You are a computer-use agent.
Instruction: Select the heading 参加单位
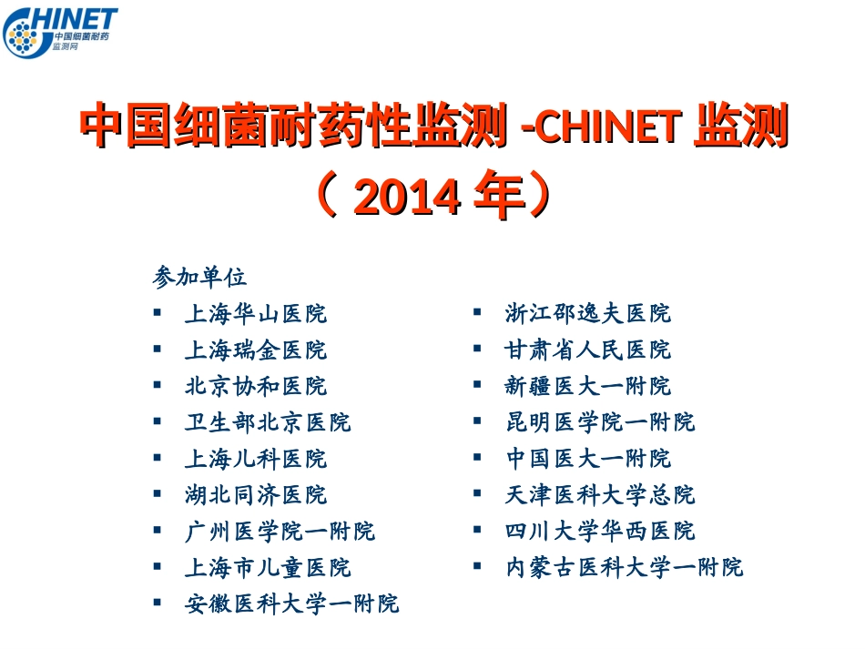200,277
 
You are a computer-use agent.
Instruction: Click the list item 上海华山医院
255,314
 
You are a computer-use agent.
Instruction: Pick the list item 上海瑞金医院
255,350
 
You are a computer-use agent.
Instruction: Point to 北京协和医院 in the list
255,386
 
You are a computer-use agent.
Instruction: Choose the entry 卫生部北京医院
267,422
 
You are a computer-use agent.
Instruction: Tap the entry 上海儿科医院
255,459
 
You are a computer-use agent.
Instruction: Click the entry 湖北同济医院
255,495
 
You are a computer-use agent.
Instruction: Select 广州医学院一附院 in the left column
279,531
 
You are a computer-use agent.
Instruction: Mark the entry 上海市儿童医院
267,567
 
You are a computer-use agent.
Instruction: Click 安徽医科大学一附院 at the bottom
290,603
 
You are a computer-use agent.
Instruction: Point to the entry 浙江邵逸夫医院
587,314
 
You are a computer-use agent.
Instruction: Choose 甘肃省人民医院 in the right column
587,350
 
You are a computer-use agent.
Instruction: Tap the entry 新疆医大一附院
587,386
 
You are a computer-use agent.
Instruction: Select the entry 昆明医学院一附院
599,422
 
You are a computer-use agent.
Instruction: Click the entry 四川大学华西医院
599,531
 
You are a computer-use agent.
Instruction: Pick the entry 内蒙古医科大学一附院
624,567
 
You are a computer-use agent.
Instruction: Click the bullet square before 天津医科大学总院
476,493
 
